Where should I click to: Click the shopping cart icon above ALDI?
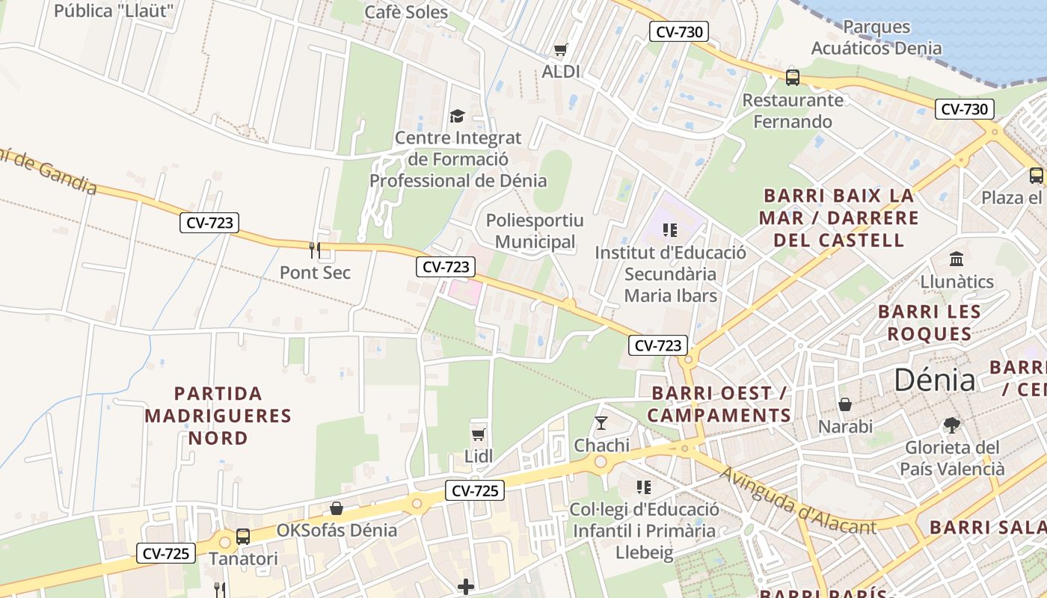tap(560, 50)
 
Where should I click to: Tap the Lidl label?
tap(479, 456)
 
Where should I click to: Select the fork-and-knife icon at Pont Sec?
tap(315, 250)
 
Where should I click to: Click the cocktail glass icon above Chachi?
tap(601, 423)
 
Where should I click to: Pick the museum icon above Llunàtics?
tap(957, 259)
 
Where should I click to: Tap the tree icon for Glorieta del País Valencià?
tap(951, 425)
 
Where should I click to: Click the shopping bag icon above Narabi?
tap(845, 404)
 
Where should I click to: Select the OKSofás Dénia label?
tap(337, 530)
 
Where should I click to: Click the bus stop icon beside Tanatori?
tap(243, 536)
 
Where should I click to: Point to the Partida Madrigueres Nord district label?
tap(218, 416)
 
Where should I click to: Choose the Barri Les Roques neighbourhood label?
tap(929, 322)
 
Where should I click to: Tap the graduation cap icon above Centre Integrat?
tap(457, 116)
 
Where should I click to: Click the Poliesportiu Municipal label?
tap(535, 231)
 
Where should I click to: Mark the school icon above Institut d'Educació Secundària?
tap(669, 230)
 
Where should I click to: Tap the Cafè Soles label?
tap(406, 12)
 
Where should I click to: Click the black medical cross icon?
tap(465, 587)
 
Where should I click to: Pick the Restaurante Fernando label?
tap(793, 111)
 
